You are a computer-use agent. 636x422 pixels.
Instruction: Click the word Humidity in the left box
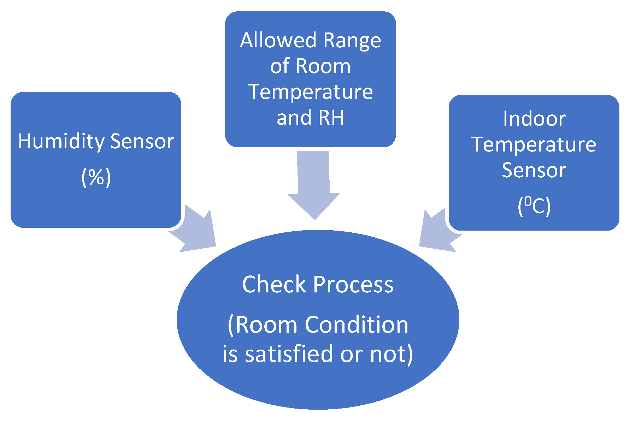point(61,141)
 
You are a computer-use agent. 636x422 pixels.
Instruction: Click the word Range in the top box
point(352,41)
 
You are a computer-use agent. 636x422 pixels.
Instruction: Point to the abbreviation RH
point(331,118)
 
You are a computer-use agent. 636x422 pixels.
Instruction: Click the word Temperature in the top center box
point(311,92)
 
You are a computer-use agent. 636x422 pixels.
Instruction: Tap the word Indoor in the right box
point(534,119)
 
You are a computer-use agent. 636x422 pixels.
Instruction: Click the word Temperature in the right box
point(534,144)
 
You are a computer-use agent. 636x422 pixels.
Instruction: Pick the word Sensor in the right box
point(534,170)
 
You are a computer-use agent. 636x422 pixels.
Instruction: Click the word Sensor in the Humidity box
point(142,141)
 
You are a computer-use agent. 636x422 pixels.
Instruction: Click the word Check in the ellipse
point(274,284)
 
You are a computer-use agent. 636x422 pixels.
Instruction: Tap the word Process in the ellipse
point(353,284)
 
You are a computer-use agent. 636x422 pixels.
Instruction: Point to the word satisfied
point(289,354)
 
